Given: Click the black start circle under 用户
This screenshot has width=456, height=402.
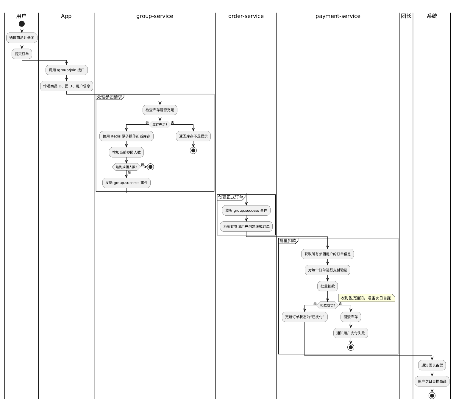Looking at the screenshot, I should pyautogui.click(x=22, y=24).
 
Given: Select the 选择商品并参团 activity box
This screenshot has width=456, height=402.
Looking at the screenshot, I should pyautogui.click(x=22, y=38).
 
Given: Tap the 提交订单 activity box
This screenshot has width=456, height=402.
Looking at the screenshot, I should pyautogui.click(x=22, y=54).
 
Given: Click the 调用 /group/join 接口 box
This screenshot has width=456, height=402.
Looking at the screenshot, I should pyautogui.click(x=67, y=70).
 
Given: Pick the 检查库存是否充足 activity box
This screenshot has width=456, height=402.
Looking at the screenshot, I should pyautogui.click(x=160, y=110).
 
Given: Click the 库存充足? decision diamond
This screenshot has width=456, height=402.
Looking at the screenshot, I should pyautogui.click(x=160, y=125).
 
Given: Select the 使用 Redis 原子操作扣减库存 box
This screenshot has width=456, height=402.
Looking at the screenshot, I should pyautogui.click(x=127, y=136).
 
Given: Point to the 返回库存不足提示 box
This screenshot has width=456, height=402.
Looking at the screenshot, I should pyautogui.click(x=193, y=136).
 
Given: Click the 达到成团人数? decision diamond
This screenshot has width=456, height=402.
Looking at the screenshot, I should pyautogui.click(x=127, y=167).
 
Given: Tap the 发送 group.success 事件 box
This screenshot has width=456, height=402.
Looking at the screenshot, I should pyautogui.click(x=127, y=183).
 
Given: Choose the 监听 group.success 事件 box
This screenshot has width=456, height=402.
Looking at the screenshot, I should pyautogui.click(x=246, y=211).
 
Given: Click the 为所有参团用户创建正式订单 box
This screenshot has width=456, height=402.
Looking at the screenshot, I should pyautogui.click(x=246, y=227).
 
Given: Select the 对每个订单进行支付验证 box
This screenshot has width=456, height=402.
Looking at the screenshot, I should pyautogui.click(x=327, y=270).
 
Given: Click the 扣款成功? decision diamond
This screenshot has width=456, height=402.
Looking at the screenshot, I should pyautogui.click(x=327, y=305).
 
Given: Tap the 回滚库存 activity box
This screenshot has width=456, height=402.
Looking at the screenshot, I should pyautogui.click(x=351, y=317).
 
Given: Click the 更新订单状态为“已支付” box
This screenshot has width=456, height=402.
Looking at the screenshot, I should pyautogui.click(x=305, y=317).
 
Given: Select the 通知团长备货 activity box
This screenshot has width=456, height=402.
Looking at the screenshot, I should pyautogui.click(x=432, y=365).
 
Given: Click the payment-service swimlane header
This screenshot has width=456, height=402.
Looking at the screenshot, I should pyautogui.click(x=338, y=16).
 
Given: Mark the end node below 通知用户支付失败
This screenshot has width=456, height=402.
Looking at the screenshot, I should pyautogui.click(x=351, y=347).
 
